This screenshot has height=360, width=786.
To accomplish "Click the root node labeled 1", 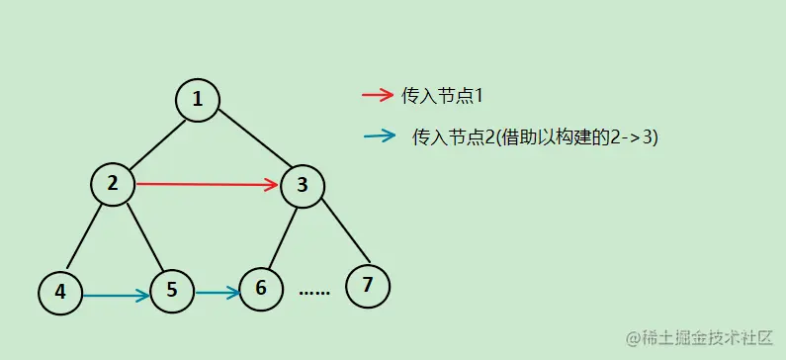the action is click(x=198, y=100).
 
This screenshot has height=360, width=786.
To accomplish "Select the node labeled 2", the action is click(x=113, y=184).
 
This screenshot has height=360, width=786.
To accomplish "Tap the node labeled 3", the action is click(x=303, y=185).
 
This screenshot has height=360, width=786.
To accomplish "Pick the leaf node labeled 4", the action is click(x=60, y=293).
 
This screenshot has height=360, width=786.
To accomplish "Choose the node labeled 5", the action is click(x=172, y=291).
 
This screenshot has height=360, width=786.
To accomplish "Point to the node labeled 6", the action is click(x=261, y=289).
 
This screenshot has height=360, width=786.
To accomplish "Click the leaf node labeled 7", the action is click(x=368, y=286).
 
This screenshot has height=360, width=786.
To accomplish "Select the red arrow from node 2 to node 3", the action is click(x=208, y=184).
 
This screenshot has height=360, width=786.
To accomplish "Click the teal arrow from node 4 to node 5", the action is click(x=116, y=294).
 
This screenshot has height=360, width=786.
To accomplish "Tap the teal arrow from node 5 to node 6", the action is click(x=217, y=292).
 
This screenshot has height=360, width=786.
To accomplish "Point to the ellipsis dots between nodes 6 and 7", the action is click(x=314, y=293).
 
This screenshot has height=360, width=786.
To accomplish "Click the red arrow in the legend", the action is click(x=378, y=96).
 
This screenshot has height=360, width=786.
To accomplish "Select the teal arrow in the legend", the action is click(x=380, y=136).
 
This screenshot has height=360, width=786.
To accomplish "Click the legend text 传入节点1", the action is click(x=441, y=96).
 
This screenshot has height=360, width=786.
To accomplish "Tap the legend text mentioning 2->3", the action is click(x=535, y=137).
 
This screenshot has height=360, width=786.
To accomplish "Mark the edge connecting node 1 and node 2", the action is click(x=155, y=140).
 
